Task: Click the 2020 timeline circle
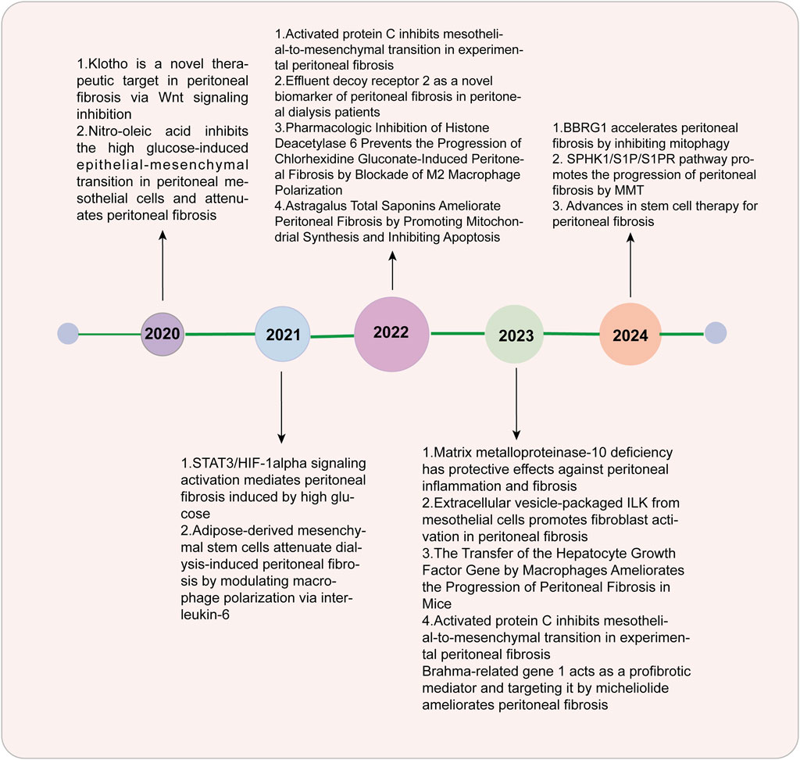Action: click(x=162, y=334)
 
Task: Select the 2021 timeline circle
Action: click(x=283, y=334)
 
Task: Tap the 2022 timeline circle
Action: click(x=391, y=334)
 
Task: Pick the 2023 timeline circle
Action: click(x=514, y=335)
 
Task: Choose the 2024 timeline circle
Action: click(x=630, y=334)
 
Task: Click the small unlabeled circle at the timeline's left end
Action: click(x=68, y=334)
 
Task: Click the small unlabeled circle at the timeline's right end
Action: click(x=716, y=333)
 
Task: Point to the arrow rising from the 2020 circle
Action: click(x=162, y=265)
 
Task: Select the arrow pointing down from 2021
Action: click(x=281, y=407)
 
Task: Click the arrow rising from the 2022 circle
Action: click(x=392, y=271)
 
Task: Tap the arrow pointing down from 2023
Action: click(x=516, y=403)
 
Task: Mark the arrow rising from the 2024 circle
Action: click(x=630, y=264)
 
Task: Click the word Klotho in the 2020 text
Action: click(x=108, y=64)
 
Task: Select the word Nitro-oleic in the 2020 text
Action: click(x=120, y=131)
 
